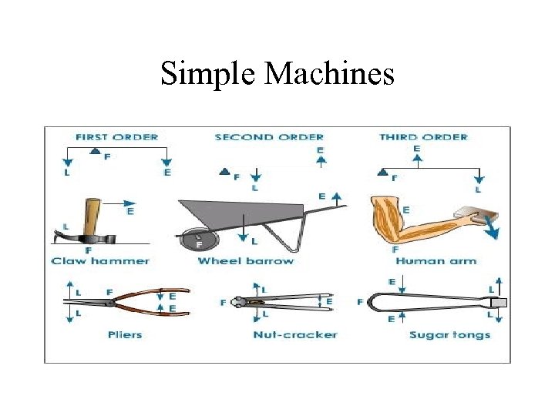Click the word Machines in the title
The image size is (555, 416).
pos(330,74)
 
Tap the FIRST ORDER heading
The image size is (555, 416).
pos(116,137)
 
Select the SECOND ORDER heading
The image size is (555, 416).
pos(269,137)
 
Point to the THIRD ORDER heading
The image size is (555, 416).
pos(423,137)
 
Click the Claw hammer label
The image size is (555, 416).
pos(100,261)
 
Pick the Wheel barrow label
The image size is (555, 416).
pos(246,261)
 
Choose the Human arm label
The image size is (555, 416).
pos(436,261)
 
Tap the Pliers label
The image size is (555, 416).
pos(125,334)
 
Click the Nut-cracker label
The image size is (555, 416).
pos(295,334)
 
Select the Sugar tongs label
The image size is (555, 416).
pos(449,334)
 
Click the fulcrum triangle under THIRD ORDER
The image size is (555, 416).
pos(383,170)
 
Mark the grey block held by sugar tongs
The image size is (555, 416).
pos(498,303)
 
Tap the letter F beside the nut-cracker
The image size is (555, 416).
pos(223,303)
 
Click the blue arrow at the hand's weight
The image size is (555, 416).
pos(489,227)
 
